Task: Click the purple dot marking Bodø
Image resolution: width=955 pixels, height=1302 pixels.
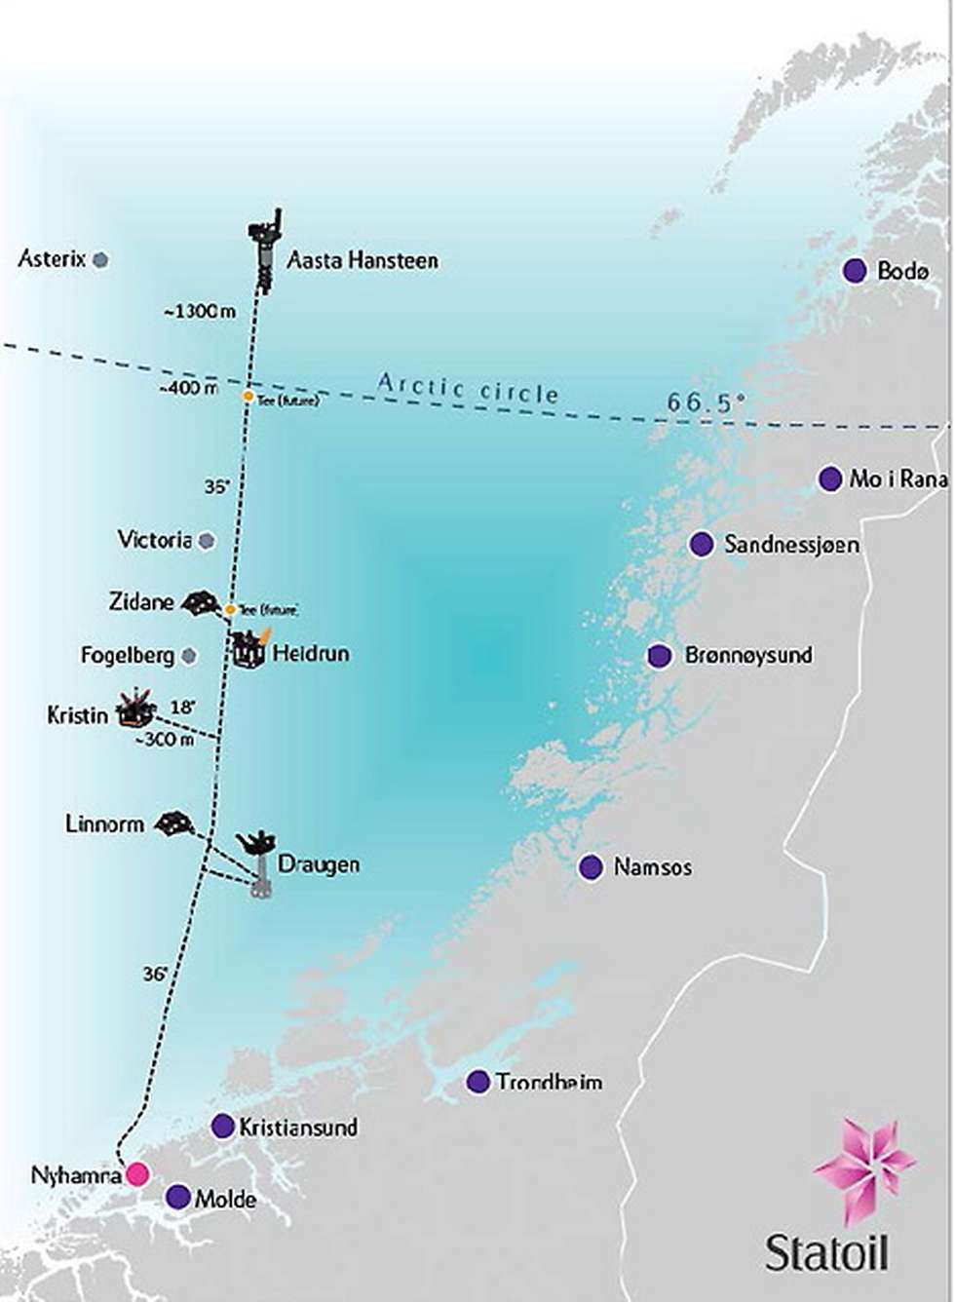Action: (x=855, y=271)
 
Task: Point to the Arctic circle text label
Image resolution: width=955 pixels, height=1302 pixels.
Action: (x=469, y=388)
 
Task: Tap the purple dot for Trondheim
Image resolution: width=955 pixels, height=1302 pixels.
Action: (x=477, y=1081)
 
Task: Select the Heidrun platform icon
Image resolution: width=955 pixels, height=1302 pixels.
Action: (x=249, y=650)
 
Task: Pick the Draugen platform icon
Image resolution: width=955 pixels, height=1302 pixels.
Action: (x=259, y=863)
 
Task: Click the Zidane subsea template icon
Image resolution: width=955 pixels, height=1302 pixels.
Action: (x=201, y=603)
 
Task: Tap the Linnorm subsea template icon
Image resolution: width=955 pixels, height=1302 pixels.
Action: (x=174, y=823)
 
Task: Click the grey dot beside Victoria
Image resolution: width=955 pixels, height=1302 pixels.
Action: (x=206, y=540)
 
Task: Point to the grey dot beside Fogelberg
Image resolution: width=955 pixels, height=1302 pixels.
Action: (x=188, y=656)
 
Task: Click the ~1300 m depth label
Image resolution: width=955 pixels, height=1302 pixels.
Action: (x=200, y=312)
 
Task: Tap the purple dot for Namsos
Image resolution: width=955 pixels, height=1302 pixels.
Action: (x=590, y=866)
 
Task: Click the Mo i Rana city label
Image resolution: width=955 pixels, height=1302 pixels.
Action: (x=898, y=479)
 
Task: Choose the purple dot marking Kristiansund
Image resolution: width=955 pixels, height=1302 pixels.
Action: (x=222, y=1126)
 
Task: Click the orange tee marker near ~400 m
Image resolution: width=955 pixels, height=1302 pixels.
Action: (x=248, y=397)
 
